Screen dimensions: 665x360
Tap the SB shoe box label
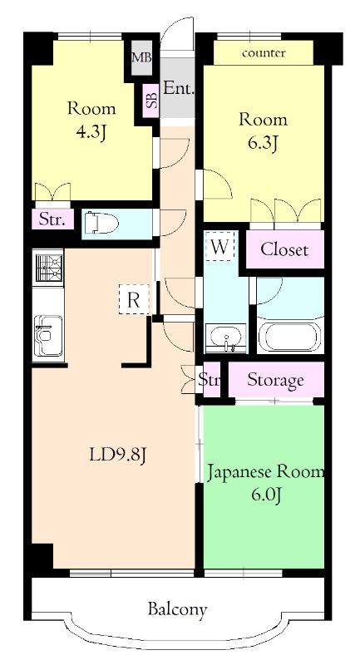tap(151, 101)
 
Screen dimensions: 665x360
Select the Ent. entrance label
tap(178, 87)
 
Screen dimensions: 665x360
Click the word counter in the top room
tap(264, 53)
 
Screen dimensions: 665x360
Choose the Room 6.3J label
tap(263, 130)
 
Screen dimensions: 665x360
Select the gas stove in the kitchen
tap(47, 268)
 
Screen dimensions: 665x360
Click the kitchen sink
tap(47, 335)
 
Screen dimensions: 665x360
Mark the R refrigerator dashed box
tap(133, 300)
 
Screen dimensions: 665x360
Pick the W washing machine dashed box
tap(220, 247)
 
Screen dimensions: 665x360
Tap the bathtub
tap(288, 337)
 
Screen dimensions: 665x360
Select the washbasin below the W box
tap(224, 339)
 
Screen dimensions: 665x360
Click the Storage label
tap(276, 381)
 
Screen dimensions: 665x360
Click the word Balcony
tap(177, 609)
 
